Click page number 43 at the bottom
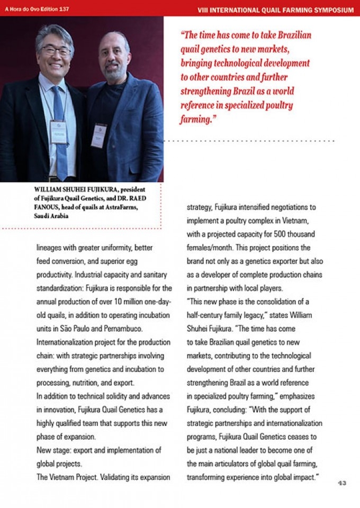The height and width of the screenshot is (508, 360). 342,483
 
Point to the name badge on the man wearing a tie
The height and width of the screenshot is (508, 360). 58,132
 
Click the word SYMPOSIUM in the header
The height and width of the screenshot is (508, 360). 329,10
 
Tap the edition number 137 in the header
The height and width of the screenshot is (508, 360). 63,10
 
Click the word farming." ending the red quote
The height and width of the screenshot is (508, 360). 199,120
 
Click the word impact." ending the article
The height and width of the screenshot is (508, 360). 304,478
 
